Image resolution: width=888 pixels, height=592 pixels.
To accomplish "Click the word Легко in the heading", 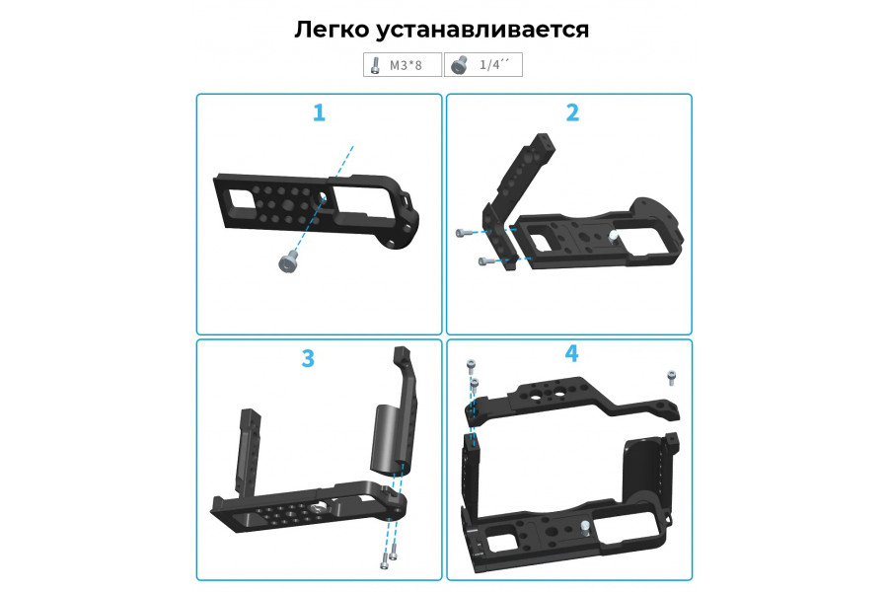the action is tap(332, 30).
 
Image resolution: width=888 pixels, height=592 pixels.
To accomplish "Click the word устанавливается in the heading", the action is tap(482, 30).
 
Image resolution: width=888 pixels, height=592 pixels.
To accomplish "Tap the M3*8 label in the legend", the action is tap(406, 65).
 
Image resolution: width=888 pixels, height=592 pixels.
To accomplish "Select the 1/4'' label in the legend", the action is tap(494, 64).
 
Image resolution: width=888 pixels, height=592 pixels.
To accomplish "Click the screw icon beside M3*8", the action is tap(374, 65).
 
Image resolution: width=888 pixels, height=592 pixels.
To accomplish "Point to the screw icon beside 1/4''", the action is tap(459, 65).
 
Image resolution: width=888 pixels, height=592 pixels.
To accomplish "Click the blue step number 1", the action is tap(320, 112).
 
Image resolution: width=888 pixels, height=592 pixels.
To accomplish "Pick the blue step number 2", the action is tap(572, 112).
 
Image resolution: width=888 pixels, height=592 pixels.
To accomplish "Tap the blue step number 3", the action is tap(308, 358).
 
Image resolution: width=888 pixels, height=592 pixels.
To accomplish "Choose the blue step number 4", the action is tap(572, 353).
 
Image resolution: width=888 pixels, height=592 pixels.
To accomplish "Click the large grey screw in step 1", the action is tap(289, 261).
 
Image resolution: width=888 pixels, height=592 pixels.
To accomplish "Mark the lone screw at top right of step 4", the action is tap(671, 377).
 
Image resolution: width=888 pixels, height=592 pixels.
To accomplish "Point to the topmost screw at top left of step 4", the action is tap(471, 366).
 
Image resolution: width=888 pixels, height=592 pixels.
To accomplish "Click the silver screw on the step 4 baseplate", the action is tap(585, 528).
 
